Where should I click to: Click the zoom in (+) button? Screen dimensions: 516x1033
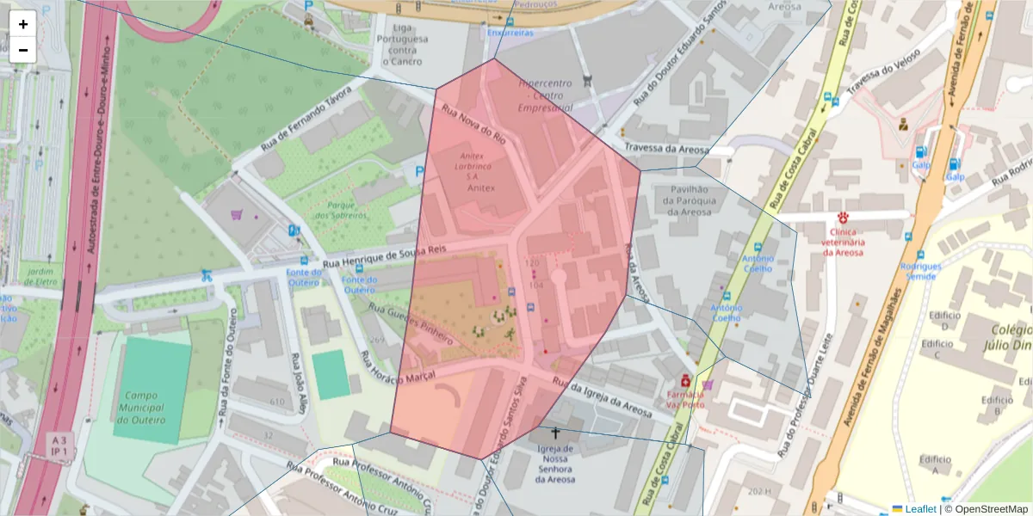[23, 24]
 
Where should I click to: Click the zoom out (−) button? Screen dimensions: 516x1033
[23, 50]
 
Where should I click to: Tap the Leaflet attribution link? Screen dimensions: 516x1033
[919, 509]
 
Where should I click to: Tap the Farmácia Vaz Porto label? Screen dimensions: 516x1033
[684, 399]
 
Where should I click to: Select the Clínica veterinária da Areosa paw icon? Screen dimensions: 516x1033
[842, 218]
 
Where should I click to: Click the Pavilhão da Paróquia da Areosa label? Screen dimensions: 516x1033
[686, 200]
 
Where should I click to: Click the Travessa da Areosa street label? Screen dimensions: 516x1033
[666, 148]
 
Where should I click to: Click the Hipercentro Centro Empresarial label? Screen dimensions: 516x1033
[546, 96]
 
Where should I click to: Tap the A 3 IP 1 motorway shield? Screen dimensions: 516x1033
[59, 445]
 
